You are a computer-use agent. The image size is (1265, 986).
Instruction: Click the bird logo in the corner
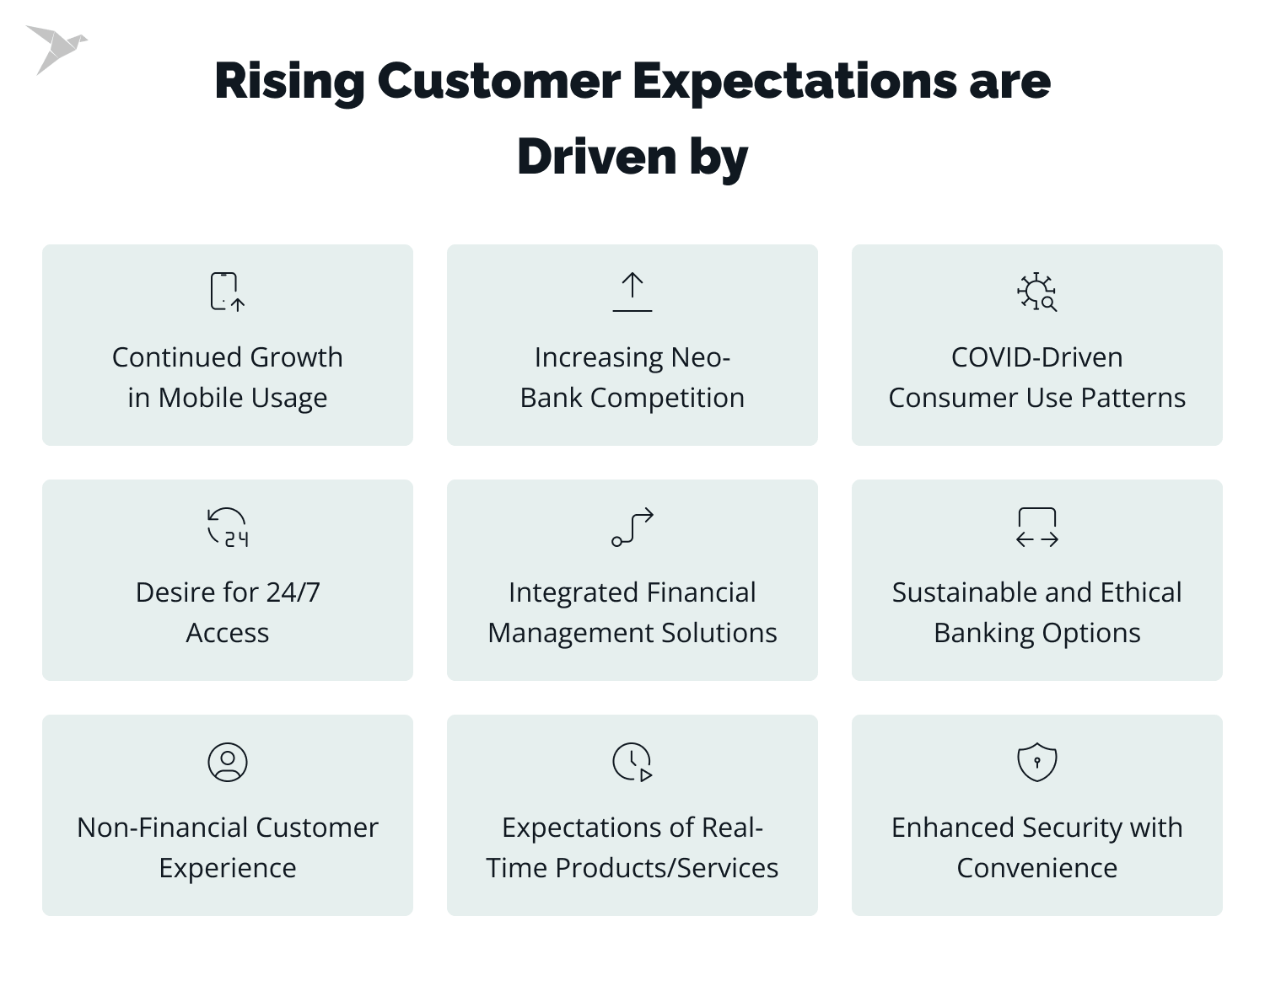pyautogui.click(x=55, y=49)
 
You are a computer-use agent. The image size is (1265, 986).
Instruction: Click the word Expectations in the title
pyautogui.click(x=794, y=82)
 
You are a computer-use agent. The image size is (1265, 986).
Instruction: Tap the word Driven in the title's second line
pyautogui.click(x=596, y=158)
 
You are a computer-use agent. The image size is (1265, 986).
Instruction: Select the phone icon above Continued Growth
pyautogui.click(x=226, y=292)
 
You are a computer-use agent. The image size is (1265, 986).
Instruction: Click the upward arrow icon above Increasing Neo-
pyautogui.click(x=632, y=292)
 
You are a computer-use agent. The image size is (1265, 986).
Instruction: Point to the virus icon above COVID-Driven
pyautogui.click(x=1036, y=292)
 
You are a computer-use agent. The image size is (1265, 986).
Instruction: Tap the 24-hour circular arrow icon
pyautogui.click(x=228, y=528)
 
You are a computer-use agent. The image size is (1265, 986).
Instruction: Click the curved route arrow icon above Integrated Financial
pyautogui.click(x=632, y=528)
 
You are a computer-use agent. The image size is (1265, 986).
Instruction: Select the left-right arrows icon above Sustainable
pyautogui.click(x=1037, y=528)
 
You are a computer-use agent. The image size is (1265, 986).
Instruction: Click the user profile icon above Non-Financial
pyautogui.click(x=228, y=762)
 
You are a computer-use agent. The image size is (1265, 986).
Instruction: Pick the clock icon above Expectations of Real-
pyautogui.click(x=632, y=762)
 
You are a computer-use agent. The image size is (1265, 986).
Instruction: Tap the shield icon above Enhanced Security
pyautogui.click(x=1037, y=762)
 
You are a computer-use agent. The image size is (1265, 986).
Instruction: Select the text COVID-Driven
pyautogui.click(x=1036, y=357)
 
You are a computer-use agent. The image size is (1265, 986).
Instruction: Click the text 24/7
pyautogui.click(x=293, y=592)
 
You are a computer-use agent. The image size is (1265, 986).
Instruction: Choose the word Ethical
pyautogui.click(x=1140, y=592)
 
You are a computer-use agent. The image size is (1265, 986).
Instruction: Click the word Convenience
pyautogui.click(x=1036, y=868)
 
